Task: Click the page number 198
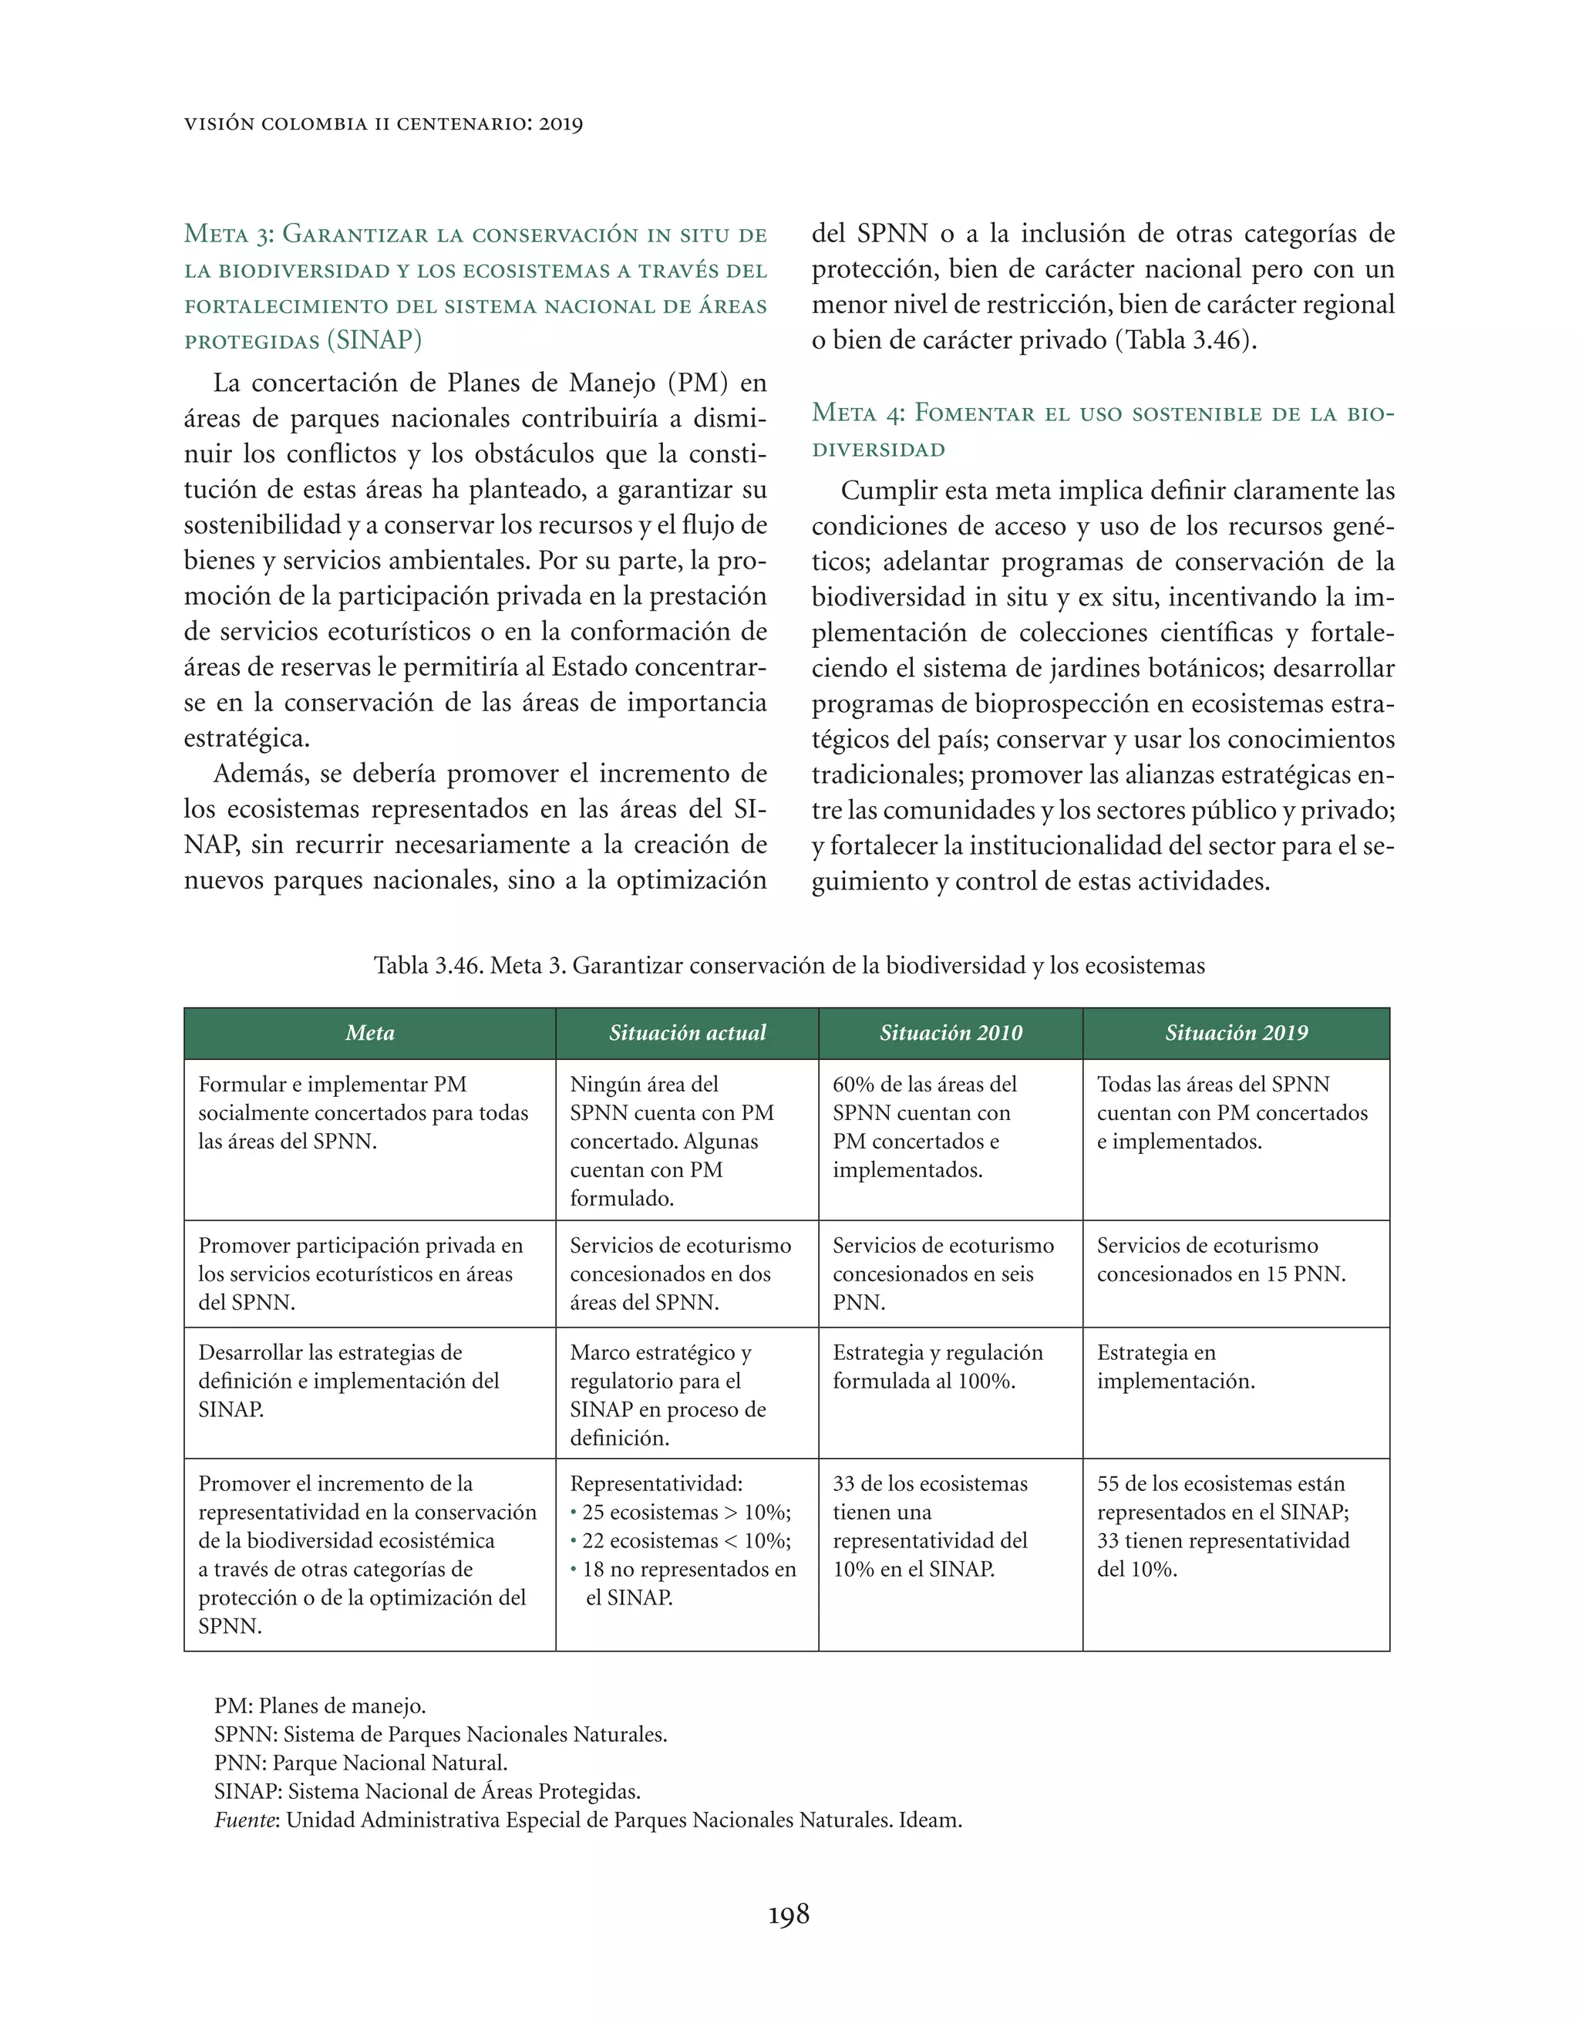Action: point(788,1914)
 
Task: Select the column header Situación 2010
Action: point(950,1034)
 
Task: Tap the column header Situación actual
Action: point(686,1034)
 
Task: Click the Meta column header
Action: point(369,1034)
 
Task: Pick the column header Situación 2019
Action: point(1236,1034)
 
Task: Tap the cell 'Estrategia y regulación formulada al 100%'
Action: point(936,1367)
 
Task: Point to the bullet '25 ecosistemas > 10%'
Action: point(685,1512)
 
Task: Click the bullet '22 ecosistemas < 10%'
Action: point(685,1540)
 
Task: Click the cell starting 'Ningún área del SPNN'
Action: point(672,1140)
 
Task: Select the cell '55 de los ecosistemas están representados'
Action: point(1222,1526)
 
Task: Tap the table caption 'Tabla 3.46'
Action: point(788,966)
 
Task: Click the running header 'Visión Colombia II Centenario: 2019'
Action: point(383,124)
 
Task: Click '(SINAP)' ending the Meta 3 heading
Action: point(375,340)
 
